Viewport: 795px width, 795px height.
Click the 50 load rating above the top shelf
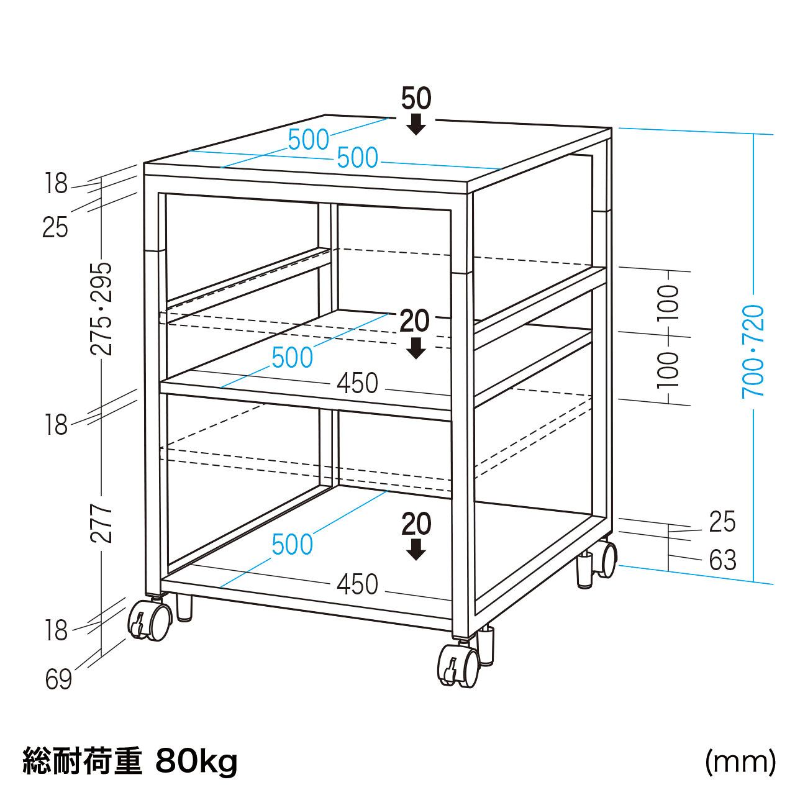(x=416, y=99)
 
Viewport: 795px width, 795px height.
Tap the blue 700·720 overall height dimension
(x=753, y=352)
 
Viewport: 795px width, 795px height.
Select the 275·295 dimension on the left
(x=101, y=309)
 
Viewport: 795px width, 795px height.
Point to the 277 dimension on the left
(x=101, y=524)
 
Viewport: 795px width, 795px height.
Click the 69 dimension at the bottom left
(x=58, y=679)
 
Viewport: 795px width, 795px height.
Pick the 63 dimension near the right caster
(x=723, y=560)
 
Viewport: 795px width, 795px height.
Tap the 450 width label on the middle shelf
(x=357, y=383)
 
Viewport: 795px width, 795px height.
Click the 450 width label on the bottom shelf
(x=357, y=584)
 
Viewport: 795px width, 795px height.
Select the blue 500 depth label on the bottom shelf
(x=293, y=544)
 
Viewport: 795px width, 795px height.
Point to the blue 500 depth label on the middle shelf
(x=293, y=357)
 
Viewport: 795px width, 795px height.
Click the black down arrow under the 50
(x=416, y=125)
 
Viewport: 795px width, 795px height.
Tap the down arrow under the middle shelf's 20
(x=416, y=348)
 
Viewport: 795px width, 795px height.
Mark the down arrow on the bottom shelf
(x=416, y=550)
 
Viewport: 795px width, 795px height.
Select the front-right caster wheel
(x=458, y=666)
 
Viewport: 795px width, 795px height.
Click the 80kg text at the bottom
(x=196, y=761)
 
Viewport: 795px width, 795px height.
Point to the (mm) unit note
(x=740, y=763)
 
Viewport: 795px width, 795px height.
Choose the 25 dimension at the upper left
(x=55, y=227)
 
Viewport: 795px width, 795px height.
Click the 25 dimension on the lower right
(x=722, y=522)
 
